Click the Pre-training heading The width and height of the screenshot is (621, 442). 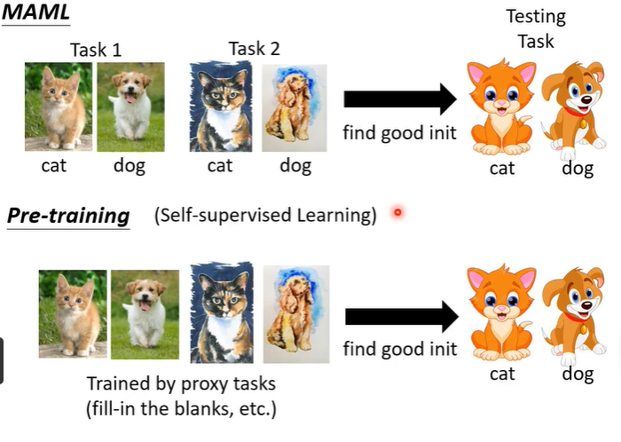click(x=68, y=216)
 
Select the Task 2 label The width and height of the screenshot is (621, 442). click(x=255, y=49)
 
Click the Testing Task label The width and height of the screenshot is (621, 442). click(x=535, y=29)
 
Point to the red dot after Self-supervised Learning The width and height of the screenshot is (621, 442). click(x=397, y=213)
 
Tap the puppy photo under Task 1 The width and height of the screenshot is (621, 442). click(x=130, y=106)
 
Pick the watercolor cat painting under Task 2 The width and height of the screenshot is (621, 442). click(x=221, y=107)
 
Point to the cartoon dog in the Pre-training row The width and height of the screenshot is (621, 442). click(x=578, y=316)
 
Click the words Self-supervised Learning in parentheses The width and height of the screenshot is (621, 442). click(x=264, y=216)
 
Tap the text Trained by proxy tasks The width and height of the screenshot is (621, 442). click(x=182, y=384)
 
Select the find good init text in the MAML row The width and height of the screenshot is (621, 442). click(x=400, y=134)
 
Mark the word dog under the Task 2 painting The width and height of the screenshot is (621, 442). click(x=295, y=165)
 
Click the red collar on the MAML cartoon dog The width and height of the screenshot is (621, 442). click(x=578, y=111)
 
